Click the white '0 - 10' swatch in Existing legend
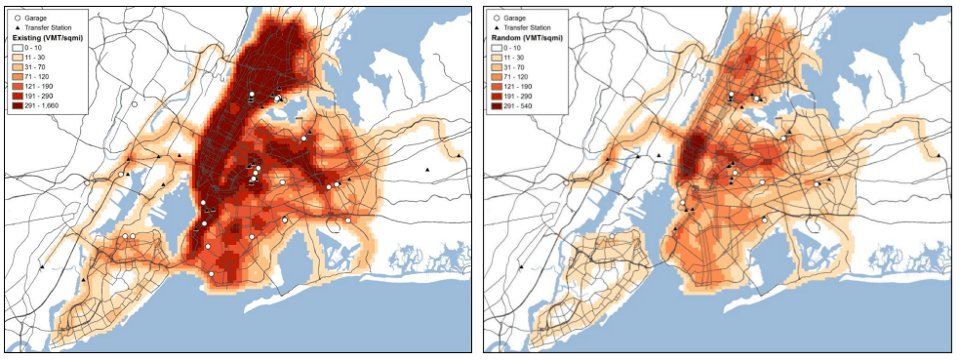coord(18,48)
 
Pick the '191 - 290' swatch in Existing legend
coord(18,96)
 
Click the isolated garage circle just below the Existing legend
coord(135,103)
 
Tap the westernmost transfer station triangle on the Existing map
coord(42,266)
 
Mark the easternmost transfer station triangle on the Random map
coord(939,156)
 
